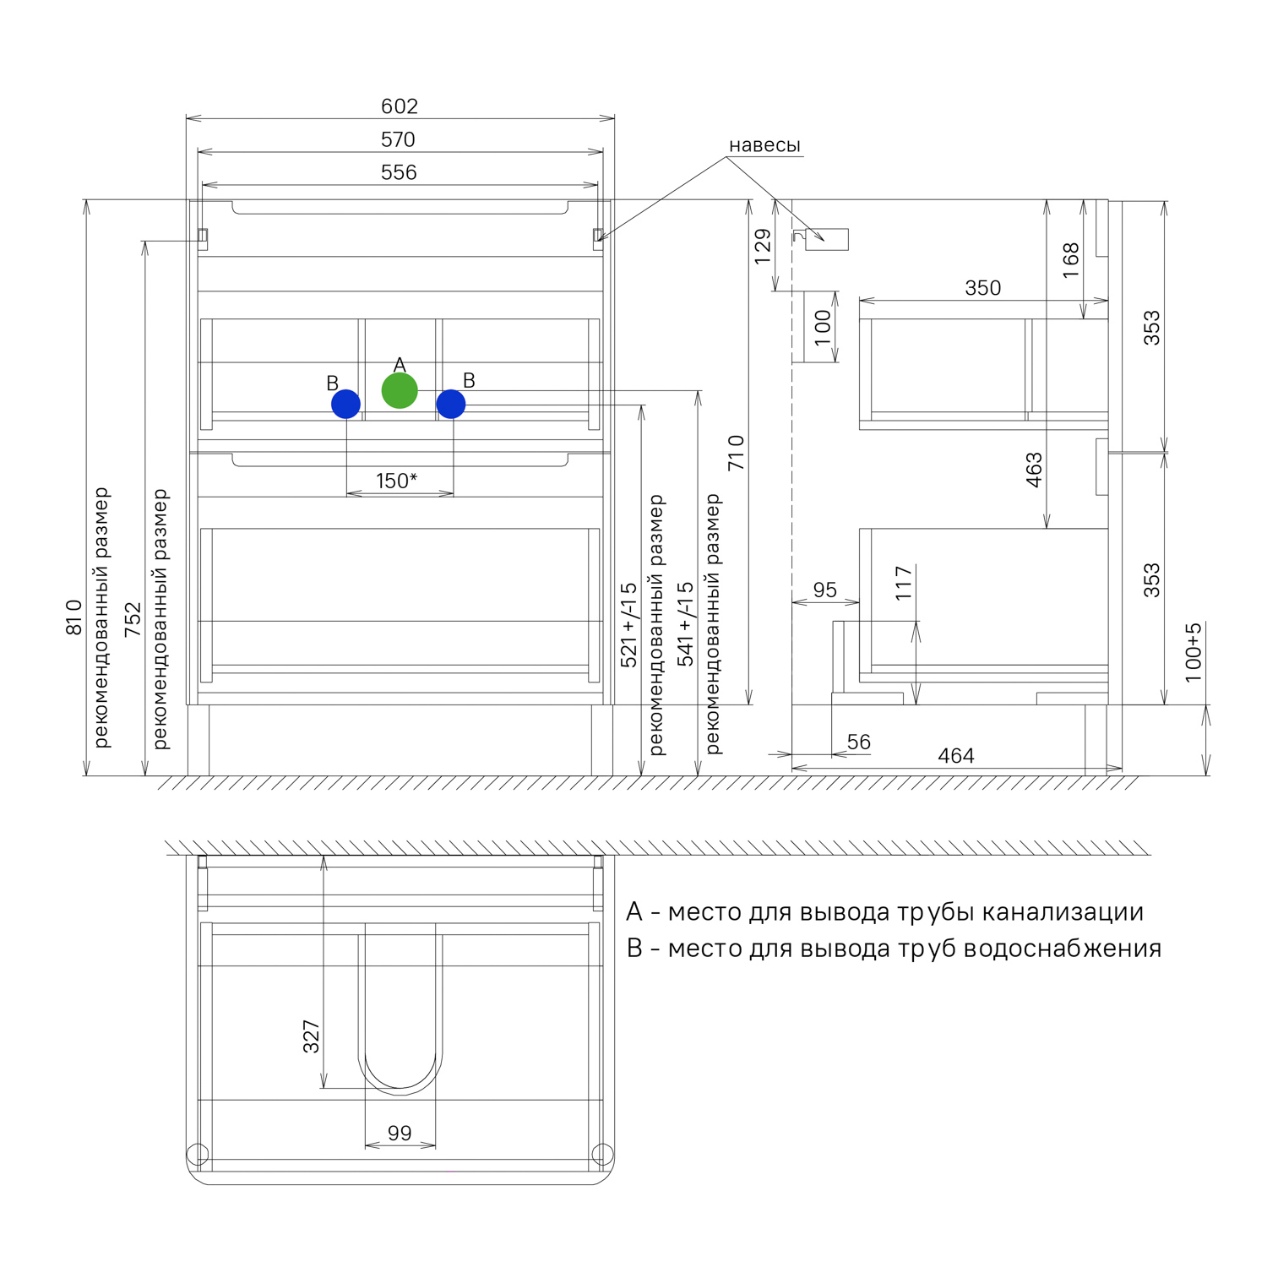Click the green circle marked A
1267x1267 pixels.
click(400, 391)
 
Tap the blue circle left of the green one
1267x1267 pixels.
click(346, 404)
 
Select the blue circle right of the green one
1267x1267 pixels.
click(451, 404)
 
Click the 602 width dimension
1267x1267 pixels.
click(400, 106)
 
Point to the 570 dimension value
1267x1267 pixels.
click(398, 139)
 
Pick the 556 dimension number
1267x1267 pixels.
click(399, 172)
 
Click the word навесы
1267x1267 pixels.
click(764, 145)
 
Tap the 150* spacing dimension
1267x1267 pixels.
click(397, 481)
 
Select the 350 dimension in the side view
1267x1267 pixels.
click(983, 288)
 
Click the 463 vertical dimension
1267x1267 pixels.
click(1035, 470)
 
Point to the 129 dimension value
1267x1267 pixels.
click(763, 247)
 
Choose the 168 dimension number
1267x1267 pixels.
click(1071, 260)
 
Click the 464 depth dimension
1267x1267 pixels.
click(956, 756)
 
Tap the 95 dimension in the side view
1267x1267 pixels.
click(825, 590)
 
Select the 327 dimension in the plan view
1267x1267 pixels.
click(312, 1036)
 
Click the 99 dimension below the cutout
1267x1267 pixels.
click(400, 1133)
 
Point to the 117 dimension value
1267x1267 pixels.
click(905, 583)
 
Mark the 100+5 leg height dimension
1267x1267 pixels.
click(1193, 652)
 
